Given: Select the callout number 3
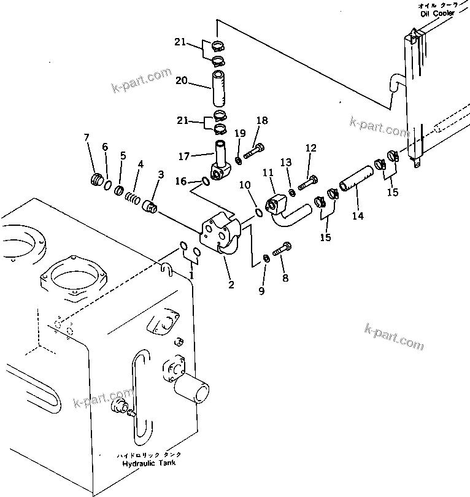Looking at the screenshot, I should click(161, 175).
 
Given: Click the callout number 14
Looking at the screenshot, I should click(358, 215).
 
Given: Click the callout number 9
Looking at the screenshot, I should click(261, 291).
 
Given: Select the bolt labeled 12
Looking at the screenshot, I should click(307, 182).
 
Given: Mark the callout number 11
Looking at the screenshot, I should click(268, 174).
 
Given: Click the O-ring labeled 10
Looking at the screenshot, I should click(260, 213).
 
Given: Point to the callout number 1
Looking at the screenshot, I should click(191, 275).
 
